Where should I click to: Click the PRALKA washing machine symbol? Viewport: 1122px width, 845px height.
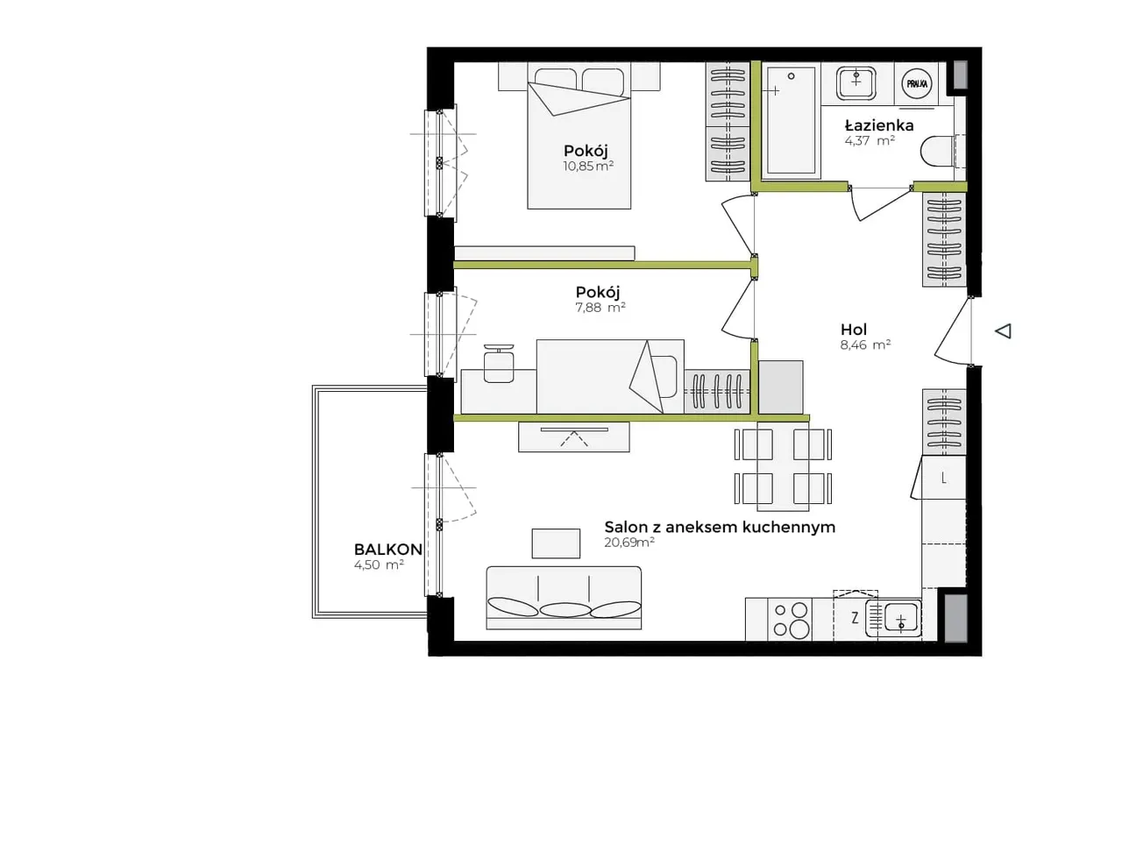(917, 84)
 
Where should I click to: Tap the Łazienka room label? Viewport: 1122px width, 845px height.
(879, 125)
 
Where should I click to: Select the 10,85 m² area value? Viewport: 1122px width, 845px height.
(588, 166)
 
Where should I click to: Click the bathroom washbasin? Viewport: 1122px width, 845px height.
(856, 82)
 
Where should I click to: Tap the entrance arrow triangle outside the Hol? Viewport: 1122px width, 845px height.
(1003, 331)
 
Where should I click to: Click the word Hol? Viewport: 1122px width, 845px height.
(854, 330)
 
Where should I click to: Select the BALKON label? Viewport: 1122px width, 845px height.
(388, 550)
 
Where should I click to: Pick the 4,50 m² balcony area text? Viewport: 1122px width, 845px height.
(380, 565)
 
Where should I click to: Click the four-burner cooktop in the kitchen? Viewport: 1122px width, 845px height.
(790, 619)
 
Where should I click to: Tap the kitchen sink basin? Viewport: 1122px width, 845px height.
(900, 620)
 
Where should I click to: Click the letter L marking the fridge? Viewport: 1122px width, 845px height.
(943, 479)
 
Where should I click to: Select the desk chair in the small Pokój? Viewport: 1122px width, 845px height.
(499, 364)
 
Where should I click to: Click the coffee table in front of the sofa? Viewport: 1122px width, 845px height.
(556, 543)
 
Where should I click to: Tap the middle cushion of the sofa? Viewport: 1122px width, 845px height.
(565, 610)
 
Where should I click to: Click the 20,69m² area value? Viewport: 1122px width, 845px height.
(629, 543)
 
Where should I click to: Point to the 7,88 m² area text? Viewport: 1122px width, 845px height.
(600, 307)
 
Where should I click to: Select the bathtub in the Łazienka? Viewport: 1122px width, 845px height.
(792, 121)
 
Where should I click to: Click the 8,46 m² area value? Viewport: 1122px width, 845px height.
(865, 345)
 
